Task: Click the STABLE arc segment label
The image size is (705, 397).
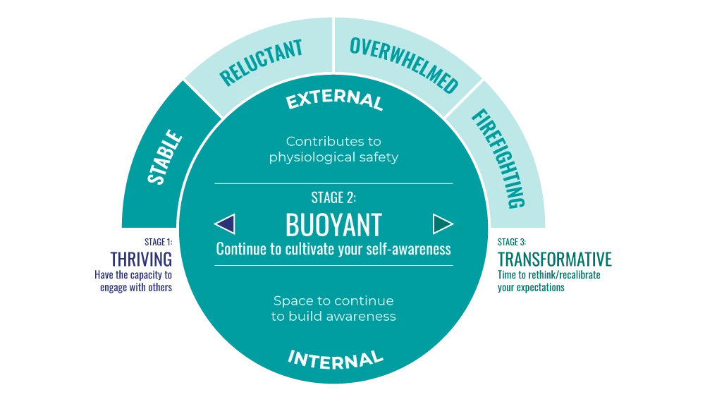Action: (164, 157)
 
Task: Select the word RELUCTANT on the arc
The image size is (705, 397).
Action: (261, 63)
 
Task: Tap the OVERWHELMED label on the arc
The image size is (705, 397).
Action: (404, 64)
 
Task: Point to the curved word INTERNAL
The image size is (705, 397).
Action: (335, 358)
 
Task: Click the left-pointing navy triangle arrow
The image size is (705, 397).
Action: (224, 224)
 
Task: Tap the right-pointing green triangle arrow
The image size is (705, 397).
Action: (443, 224)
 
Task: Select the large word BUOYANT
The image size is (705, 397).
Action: (333, 225)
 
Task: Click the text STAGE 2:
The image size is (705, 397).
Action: (333, 197)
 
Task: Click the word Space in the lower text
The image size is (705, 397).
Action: (292, 301)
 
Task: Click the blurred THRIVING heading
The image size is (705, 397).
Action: (141, 259)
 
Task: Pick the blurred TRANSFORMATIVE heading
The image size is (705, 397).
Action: (555, 259)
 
